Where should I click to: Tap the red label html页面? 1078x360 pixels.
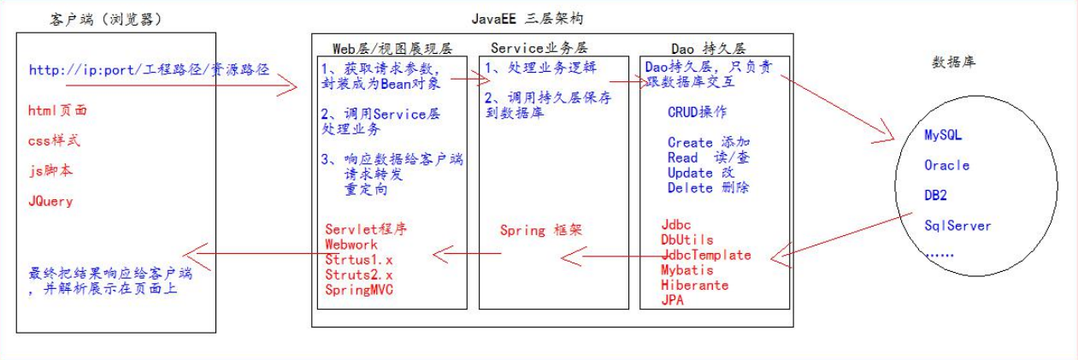pyautogui.click(x=58, y=109)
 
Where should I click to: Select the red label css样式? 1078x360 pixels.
pyautogui.click(x=55, y=140)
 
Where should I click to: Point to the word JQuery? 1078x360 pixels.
pyautogui.click(x=50, y=202)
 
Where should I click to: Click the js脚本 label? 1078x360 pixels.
pyautogui.click(x=50, y=170)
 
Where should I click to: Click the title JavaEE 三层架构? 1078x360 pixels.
pyautogui.click(x=527, y=18)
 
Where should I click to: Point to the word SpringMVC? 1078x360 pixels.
pyautogui.click(x=360, y=289)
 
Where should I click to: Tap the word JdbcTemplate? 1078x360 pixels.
pyautogui.click(x=706, y=254)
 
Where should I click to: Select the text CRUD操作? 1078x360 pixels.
pyautogui.click(x=698, y=112)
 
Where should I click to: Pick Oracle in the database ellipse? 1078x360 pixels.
pyautogui.click(x=947, y=165)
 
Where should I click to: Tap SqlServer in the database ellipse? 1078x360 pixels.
pyautogui.click(x=957, y=226)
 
